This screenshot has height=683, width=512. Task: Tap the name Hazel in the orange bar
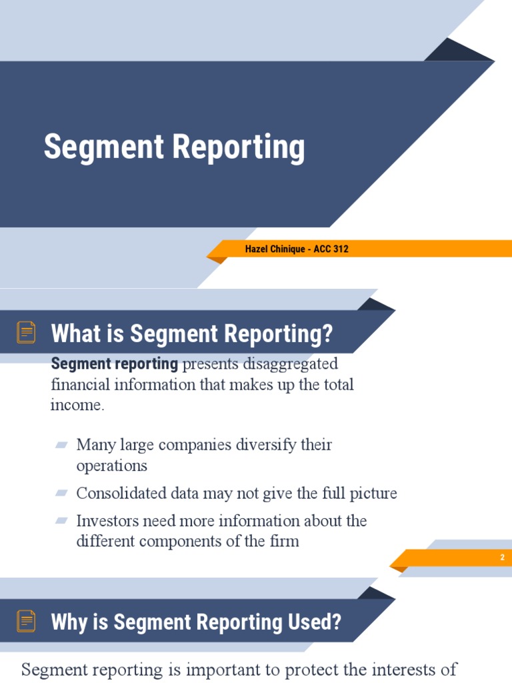tap(257, 249)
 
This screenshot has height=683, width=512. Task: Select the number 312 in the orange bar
tap(339, 249)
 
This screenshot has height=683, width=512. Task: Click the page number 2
tap(502, 558)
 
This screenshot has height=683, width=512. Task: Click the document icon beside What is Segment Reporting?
tap(27, 332)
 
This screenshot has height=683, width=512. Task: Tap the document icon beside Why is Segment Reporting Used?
tap(27, 621)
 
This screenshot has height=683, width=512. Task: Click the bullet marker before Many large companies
tap(62, 445)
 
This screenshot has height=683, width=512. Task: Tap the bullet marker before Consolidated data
tap(62, 494)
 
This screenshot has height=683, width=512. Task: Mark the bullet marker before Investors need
tap(62, 520)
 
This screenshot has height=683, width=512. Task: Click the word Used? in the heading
tap(317, 622)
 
